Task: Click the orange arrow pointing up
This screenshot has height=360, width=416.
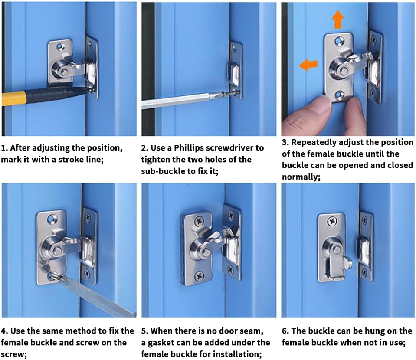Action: [x=338, y=20]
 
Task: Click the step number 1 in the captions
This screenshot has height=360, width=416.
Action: [x=3, y=148]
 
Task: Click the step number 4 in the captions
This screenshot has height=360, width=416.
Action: [x=3, y=331]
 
